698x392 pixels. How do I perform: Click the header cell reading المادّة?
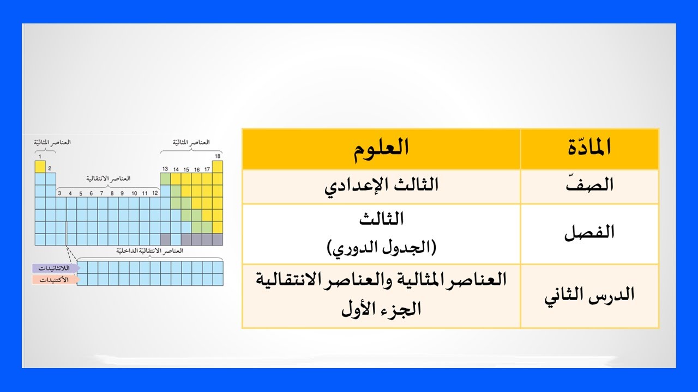tap(589, 148)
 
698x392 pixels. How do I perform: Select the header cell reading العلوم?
tap(381, 148)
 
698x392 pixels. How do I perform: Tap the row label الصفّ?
tap(589, 186)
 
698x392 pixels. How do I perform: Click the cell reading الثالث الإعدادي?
tap(381, 185)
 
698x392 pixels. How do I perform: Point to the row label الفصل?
tap(589, 233)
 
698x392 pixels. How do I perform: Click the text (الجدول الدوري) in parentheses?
tap(381, 248)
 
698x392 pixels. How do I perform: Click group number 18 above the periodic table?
tap(218, 157)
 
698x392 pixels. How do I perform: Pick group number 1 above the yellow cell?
tap(40, 157)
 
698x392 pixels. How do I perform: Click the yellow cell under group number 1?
tap(40, 166)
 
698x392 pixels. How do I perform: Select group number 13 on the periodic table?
tap(165, 169)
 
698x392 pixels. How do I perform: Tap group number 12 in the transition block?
tap(155, 193)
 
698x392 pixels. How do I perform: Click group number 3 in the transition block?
tap(60, 193)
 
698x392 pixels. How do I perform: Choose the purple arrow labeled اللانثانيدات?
tap(56, 268)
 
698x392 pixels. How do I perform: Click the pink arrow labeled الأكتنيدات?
tap(56, 279)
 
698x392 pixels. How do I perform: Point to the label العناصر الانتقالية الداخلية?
tap(149, 251)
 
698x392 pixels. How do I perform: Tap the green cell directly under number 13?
tap(165, 179)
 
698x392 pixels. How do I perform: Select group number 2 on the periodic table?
tap(49, 169)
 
